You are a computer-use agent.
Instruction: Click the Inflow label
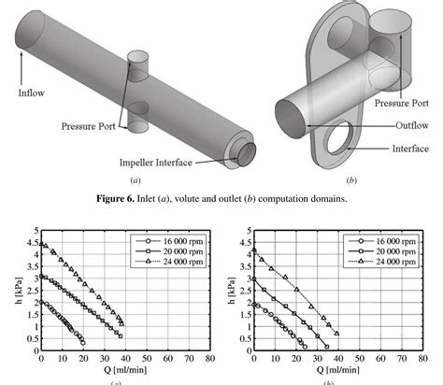point(31,93)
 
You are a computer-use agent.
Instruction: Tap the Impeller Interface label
point(155,163)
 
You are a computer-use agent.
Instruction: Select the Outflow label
point(412,125)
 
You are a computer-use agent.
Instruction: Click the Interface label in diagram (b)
point(410,149)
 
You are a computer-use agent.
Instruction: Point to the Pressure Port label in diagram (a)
point(88,126)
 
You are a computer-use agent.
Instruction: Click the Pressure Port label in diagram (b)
point(401,103)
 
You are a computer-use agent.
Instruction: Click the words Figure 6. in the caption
point(115,198)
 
